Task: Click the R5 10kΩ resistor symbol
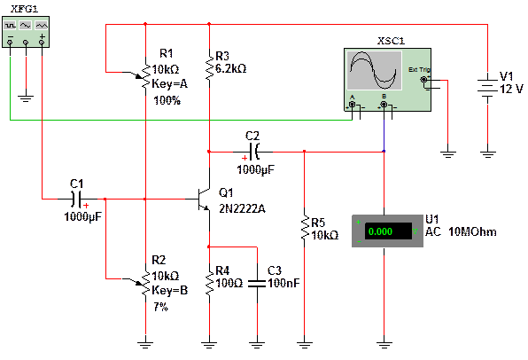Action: [x=305, y=228]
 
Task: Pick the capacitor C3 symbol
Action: [x=257, y=284]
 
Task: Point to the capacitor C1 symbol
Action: [x=77, y=200]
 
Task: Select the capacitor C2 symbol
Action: [x=254, y=152]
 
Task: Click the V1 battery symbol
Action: [x=487, y=89]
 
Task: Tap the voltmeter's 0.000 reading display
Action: [x=388, y=231]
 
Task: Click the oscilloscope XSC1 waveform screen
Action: [x=375, y=70]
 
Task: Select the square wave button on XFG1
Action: [x=10, y=26]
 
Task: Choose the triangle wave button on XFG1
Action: [x=42, y=26]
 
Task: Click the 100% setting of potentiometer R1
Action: [x=167, y=100]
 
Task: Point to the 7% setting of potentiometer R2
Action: [x=161, y=307]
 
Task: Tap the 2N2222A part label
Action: [x=242, y=209]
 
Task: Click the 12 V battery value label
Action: [x=511, y=89]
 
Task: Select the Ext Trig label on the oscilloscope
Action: [x=419, y=70]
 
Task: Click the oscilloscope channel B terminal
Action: [x=384, y=105]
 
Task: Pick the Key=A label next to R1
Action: [x=170, y=83]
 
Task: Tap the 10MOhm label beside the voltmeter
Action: [x=472, y=232]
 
